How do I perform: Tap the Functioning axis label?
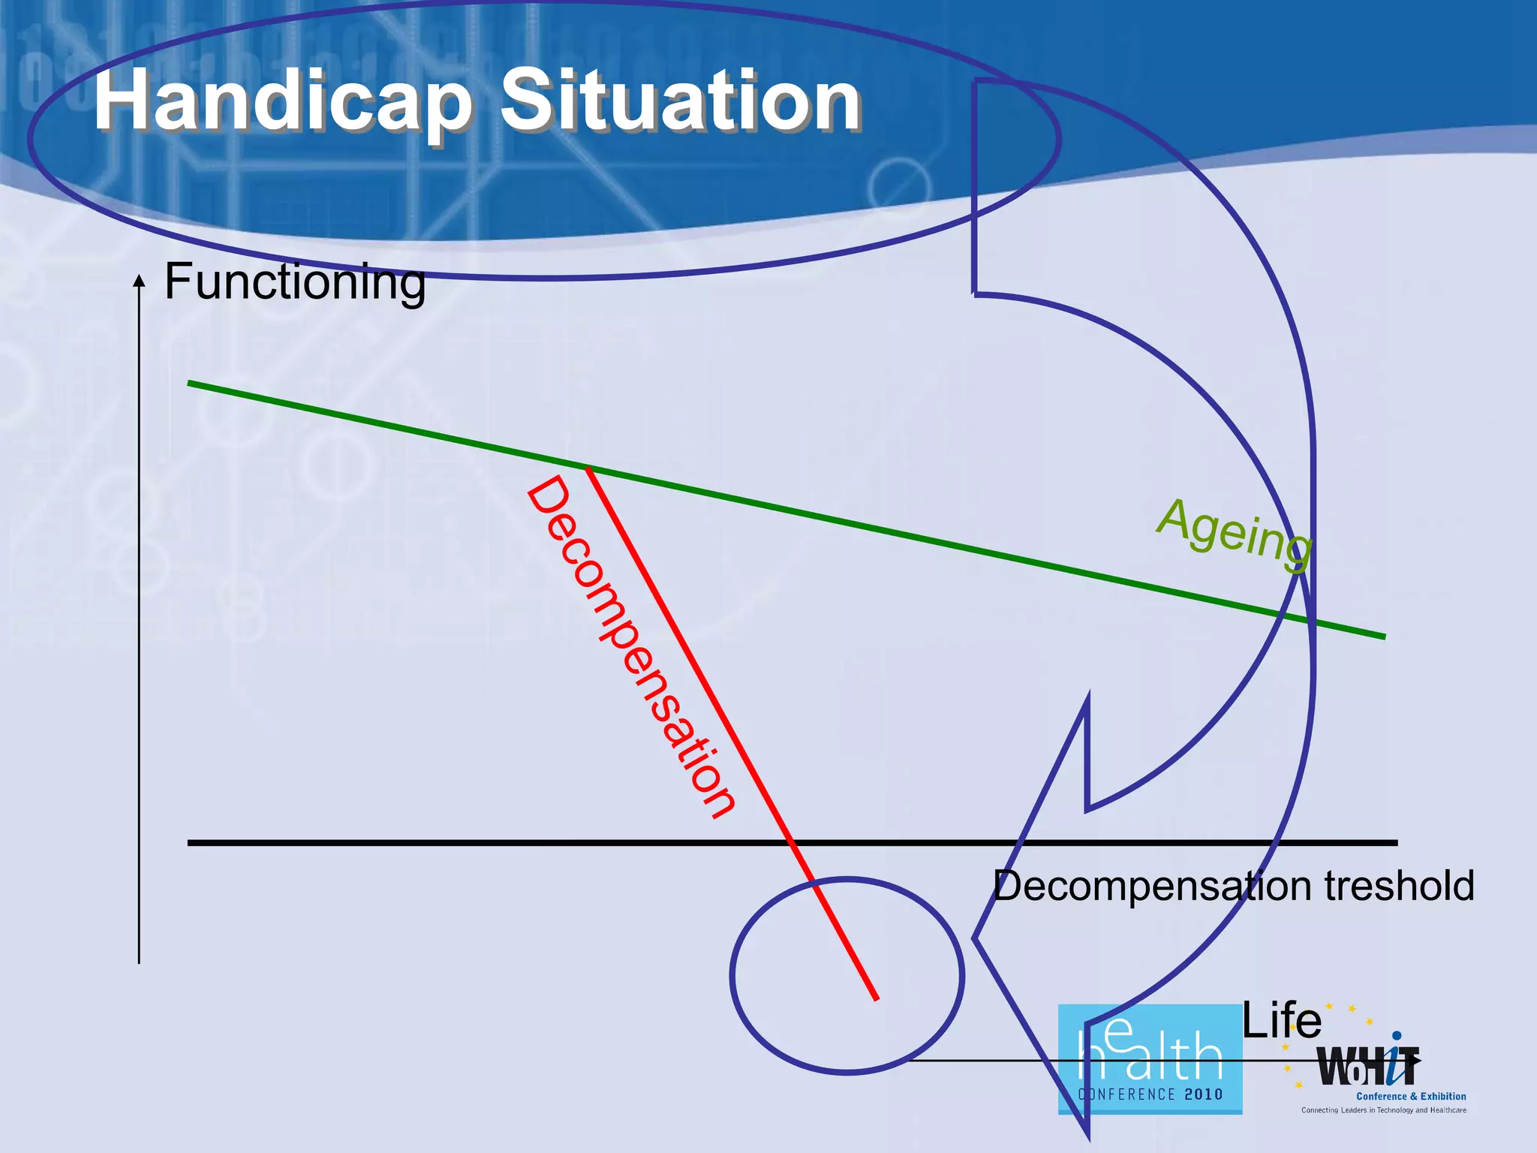coord(295,282)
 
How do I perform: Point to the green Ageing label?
coord(1235,533)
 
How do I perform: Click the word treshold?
coord(1399,886)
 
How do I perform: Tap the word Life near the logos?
coord(1282,1021)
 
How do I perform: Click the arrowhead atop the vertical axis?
coord(139,280)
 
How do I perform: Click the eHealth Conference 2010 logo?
coord(1150,1059)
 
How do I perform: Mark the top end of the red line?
coord(588,469)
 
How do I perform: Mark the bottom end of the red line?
coord(877,999)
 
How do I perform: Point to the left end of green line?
coord(189,383)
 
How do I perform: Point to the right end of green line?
coord(1384,637)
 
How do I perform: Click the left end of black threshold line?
coord(189,843)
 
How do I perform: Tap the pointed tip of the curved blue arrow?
coord(975,938)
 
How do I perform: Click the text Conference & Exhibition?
coord(1411,1097)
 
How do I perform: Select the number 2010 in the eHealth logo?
coord(1204,1094)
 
